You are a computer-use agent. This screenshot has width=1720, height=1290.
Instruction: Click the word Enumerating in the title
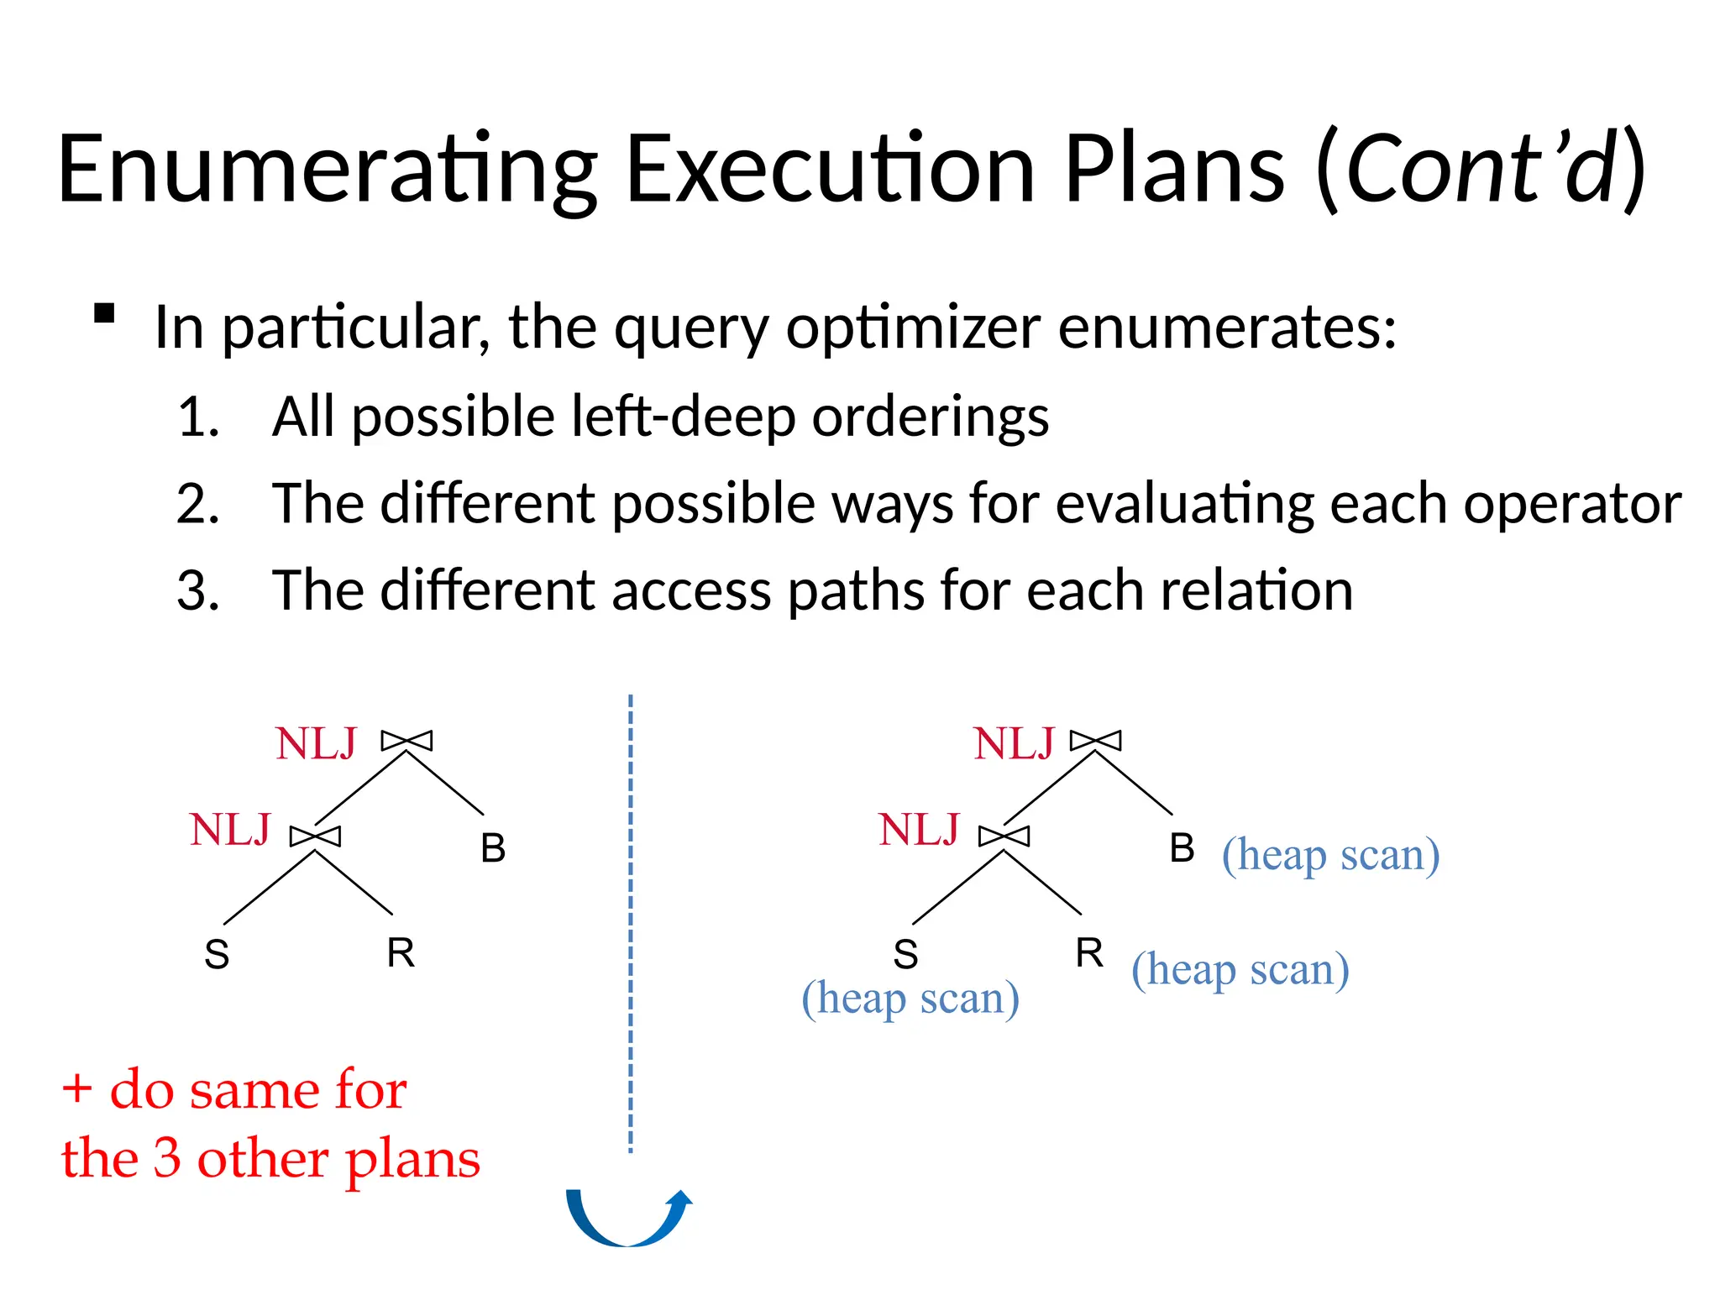point(328,170)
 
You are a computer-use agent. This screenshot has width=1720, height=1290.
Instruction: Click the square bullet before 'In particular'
point(104,313)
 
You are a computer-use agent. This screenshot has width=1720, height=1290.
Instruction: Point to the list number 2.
point(198,504)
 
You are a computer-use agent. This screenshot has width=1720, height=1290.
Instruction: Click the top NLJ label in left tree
point(316,743)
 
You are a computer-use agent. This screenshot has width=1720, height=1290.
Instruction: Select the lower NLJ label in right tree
point(919,830)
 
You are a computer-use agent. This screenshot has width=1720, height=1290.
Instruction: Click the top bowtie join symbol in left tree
point(407,741)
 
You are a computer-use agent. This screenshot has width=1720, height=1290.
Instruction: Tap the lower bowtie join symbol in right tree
point(1004,836)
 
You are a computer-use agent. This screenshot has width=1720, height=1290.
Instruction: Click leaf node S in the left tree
point(217,954)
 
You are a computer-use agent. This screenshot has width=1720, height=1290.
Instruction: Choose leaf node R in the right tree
point(1089,952)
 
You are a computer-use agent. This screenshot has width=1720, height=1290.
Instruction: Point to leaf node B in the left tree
point(493,847)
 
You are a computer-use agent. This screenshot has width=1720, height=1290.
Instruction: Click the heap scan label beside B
point(1330,855)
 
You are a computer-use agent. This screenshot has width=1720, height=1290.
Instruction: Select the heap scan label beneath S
point(910,999)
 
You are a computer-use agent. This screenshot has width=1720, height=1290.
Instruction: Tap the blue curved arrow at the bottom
point(628,1218)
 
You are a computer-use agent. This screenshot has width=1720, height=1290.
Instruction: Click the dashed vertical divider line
point(631,924)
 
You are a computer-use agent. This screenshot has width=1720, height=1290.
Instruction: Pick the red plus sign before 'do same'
point(77,1089)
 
